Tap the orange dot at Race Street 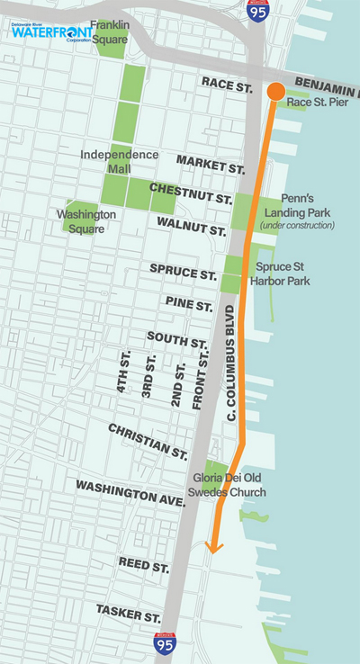pos(275,91)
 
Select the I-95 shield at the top pos(256,11)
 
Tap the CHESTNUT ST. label pos(191,191)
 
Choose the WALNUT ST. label pos(191,223)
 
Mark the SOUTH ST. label pos(177,341)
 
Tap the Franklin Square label pos(110,31)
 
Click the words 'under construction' pos(297,225)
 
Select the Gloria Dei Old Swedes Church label pos(229,486)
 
